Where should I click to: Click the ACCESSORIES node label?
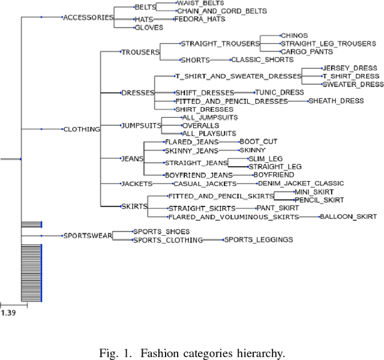pos(88,17)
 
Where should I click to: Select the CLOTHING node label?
pos(82,129)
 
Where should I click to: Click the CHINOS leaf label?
pos(294,35)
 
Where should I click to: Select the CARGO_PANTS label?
pos(307,52)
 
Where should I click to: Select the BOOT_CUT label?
pos(258,142)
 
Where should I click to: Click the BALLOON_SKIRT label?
pos(348,216)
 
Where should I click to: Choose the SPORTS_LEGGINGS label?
pos(259,240)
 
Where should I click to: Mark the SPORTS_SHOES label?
pos(161,232)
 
